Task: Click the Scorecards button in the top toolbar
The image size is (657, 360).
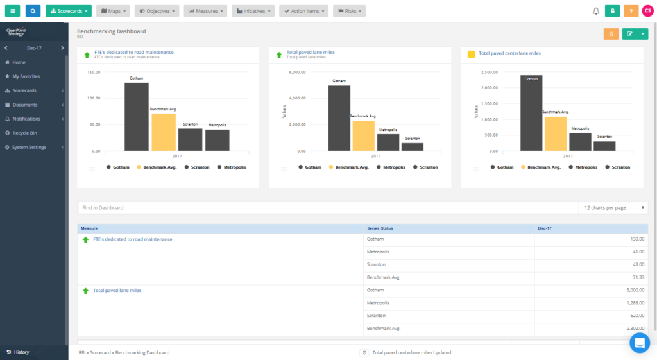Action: point(69,11)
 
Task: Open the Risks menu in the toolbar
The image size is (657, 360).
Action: point(349,11)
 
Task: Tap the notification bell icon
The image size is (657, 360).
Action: point(595,11)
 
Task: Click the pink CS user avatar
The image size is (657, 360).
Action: point(647,11)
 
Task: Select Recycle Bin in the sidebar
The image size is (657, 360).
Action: point(24,133)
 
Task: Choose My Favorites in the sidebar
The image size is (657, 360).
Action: point(26,76)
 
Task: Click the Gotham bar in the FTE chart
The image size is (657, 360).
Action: point(137,117)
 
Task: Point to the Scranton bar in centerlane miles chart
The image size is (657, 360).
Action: point(604,146)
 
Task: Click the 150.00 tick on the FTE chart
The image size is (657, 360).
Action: point(93,72)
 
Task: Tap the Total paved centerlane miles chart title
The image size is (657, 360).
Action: point(509,53)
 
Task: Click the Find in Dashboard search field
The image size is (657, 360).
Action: point(327,208)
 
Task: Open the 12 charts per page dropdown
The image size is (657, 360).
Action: point(614,208)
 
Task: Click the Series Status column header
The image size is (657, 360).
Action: point(380,228)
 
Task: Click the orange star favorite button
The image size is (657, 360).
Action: point(611,34)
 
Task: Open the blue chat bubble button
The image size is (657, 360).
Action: point(640,343)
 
